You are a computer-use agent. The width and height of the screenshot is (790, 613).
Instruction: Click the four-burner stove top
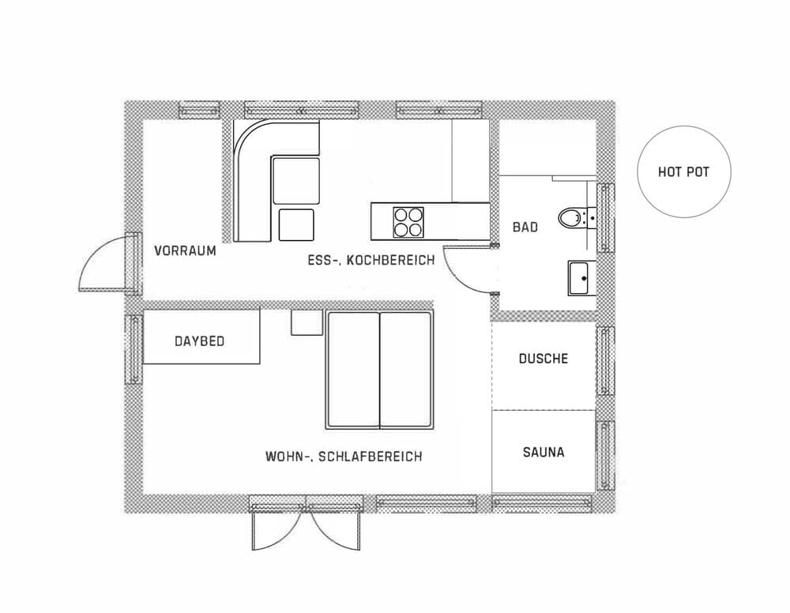(x=408, y=222)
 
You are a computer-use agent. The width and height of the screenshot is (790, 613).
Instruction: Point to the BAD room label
(x=525, y=228)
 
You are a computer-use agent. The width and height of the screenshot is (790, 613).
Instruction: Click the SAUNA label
(x=544, y=452)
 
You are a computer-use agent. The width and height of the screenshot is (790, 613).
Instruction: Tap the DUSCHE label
(x=544, y=358)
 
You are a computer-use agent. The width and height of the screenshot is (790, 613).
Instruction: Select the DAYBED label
(x=200, y=341)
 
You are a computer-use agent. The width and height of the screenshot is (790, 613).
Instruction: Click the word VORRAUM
(x=185, y=250)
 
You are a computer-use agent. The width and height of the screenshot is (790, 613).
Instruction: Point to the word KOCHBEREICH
(x=390, y=260)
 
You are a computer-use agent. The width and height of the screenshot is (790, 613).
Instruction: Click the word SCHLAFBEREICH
(x=371, y=457)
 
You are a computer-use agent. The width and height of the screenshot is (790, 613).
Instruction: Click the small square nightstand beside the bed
(x=307, y=322)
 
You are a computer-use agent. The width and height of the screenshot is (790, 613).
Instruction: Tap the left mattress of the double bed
(x=352, y=370)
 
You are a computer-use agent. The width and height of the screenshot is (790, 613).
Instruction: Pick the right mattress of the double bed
(x=406, y=370)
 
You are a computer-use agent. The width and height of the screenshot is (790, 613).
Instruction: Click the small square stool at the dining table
(x=296, y=224)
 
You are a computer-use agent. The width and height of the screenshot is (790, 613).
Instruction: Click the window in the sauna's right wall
(x=605, y=456)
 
